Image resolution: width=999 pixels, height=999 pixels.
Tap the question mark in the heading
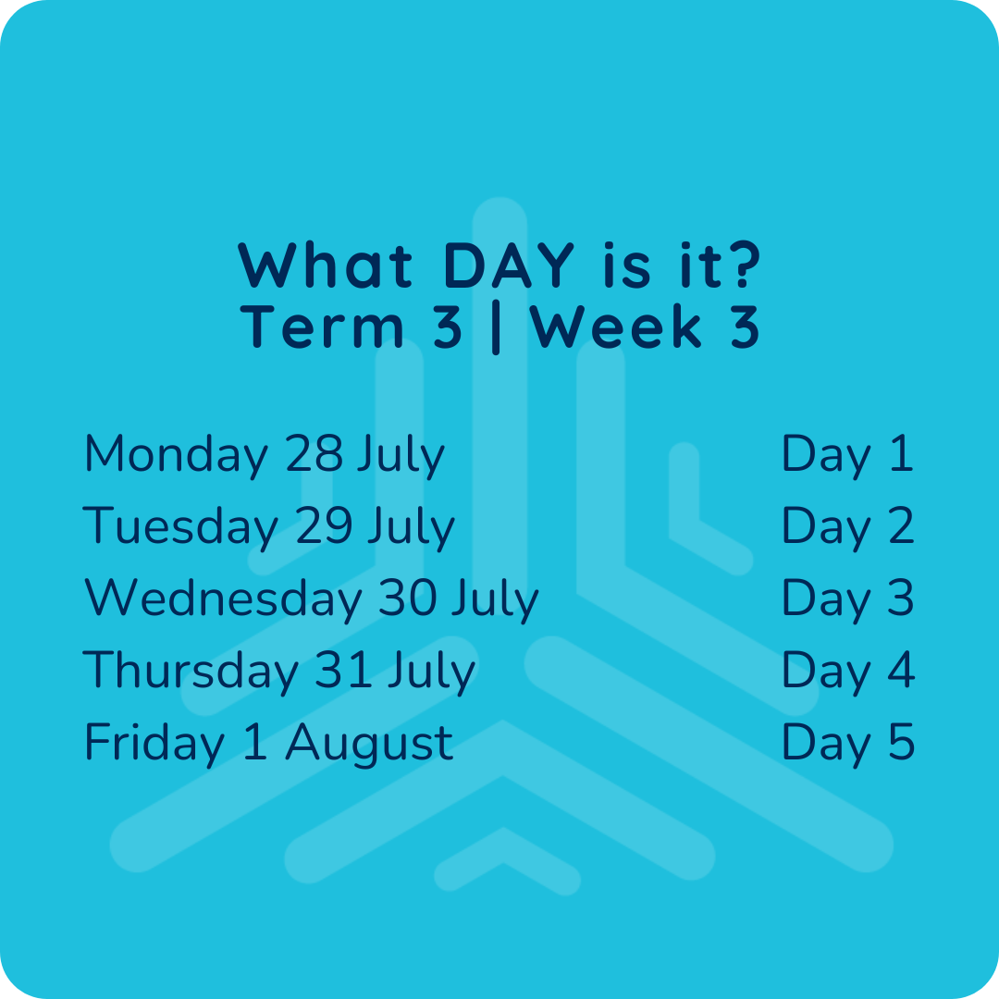pos(743,265)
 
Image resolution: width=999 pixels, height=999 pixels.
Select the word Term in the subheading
pos(322,327)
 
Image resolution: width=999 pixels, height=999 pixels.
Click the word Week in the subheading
pos(615,327)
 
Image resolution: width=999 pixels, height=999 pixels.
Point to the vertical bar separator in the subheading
pos(497,327)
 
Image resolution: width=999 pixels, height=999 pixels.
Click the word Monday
pos(176,455)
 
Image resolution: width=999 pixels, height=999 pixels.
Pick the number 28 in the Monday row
pos(314,453)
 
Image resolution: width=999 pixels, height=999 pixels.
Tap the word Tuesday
pos(180,526)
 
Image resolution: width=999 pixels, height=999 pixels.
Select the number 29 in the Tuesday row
pos(324,525)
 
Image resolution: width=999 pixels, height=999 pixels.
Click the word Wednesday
pos(223,598)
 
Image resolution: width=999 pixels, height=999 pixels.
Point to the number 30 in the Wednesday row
pos(408,597)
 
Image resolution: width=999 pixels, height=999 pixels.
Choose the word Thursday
pos(191,671)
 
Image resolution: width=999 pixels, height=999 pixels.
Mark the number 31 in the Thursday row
pos(343,669)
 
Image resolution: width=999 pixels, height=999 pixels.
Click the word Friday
pos(154,742)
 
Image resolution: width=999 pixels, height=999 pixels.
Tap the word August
pos(369,744)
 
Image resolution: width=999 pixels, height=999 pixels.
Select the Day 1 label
pos(847,454)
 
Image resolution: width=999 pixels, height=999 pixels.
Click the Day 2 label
pos(848,526)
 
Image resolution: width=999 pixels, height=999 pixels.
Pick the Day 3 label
pos(848,598)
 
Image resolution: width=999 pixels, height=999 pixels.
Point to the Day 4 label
pos(848,671)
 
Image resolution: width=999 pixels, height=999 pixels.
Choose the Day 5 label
pos(848,742)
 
